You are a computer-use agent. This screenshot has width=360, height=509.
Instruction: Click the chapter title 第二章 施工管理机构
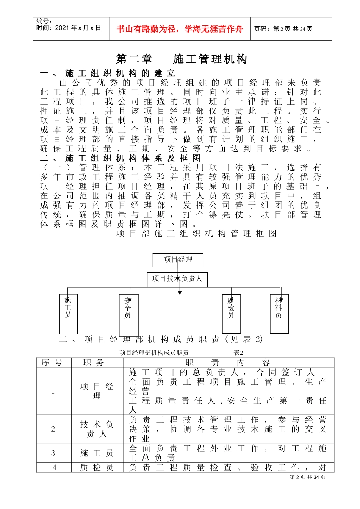(182, 59)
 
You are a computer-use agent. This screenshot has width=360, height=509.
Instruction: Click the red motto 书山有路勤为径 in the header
(180, 29)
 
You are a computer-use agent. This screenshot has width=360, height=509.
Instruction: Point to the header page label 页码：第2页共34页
(283, 29)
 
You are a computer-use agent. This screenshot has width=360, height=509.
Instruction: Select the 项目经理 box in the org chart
(178, 260)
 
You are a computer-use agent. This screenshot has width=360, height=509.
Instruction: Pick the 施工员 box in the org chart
(68, 314)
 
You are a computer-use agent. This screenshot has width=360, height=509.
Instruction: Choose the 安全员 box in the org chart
(128, 315)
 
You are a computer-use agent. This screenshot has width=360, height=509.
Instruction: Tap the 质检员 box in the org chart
(231, 314)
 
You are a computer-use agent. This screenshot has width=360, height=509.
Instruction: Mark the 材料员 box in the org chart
(279, 313)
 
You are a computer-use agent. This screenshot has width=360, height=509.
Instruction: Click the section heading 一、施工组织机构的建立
(108, 73)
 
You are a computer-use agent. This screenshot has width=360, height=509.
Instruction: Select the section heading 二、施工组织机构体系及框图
(121, 158)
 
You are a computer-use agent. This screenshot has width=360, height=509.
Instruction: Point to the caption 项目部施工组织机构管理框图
(196, 234)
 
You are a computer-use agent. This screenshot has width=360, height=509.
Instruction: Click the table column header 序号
(52, 363)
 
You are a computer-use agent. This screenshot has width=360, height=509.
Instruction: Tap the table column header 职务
(94, 363)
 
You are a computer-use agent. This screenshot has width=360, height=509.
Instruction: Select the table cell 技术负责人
(97, 429)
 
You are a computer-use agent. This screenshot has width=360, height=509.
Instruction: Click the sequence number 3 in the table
(53, 453)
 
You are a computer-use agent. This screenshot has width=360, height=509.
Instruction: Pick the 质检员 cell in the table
(97, 468)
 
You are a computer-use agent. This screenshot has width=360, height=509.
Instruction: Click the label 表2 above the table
(238, 353)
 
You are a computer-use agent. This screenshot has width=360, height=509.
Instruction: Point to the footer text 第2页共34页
(307, 477)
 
